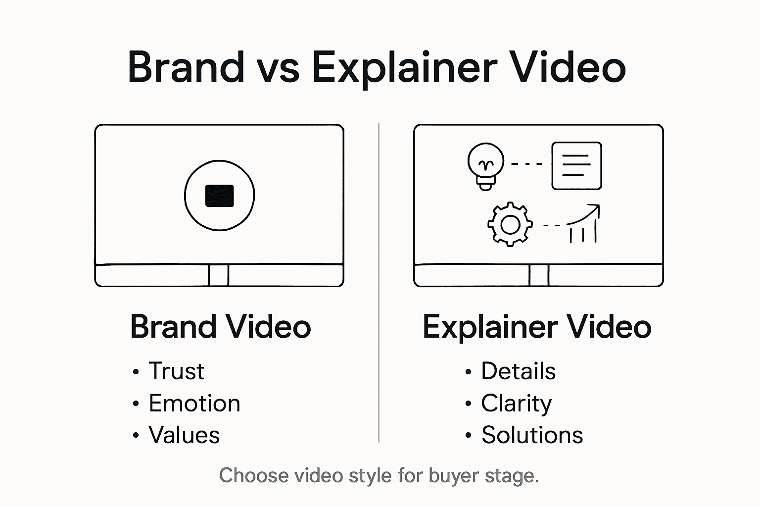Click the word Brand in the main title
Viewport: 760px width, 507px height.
coord(186,67)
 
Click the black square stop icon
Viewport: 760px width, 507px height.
coord(219,196)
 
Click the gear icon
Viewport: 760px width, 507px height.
coord(510,224)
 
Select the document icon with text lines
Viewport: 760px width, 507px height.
coord(576,166)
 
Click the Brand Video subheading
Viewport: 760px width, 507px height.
coord(220,327)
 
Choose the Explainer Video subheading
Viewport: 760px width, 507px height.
coord(537,327)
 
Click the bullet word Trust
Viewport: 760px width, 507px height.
coord(176,371)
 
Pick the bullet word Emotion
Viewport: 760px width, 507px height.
coord(194,404)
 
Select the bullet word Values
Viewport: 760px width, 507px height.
coord(184,435)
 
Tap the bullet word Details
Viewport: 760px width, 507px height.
coord(518,371)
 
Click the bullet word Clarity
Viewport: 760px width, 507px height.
coord(516,404)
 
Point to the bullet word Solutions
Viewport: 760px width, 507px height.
coord(532,435)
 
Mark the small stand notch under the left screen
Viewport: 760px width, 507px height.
coord(219,275)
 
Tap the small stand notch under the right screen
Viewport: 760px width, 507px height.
coord(539,275)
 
